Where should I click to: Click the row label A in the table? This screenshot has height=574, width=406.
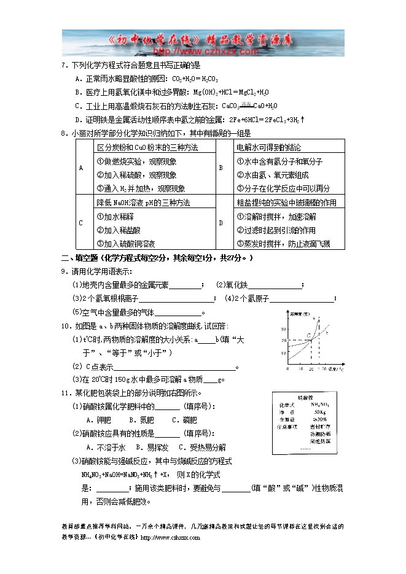pos(81,168)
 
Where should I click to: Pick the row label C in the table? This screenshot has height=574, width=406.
pos(81,223)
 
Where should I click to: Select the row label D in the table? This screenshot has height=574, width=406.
pos(221,223)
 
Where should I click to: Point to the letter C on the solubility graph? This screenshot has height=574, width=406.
pos(310,335)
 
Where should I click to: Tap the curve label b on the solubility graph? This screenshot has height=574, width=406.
pos(327,333)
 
